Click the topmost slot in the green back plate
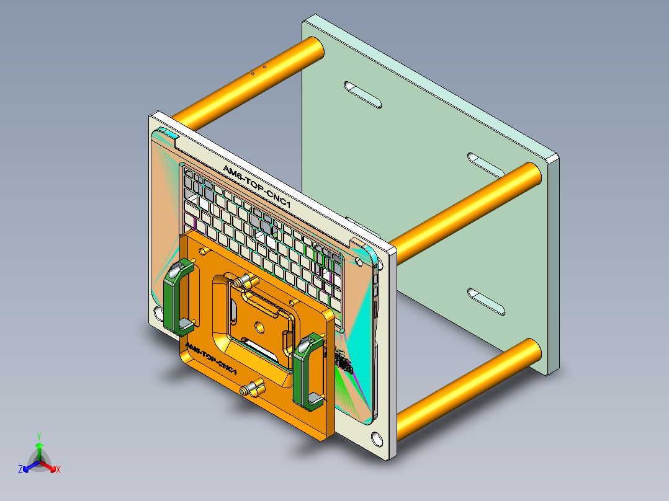click(364, 94)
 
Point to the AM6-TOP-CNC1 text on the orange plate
click(211, 360)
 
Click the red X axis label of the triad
click(58, 470)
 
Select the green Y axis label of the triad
click(38, 436)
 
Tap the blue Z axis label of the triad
click(20, 470)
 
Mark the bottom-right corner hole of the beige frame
click(377, 438)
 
